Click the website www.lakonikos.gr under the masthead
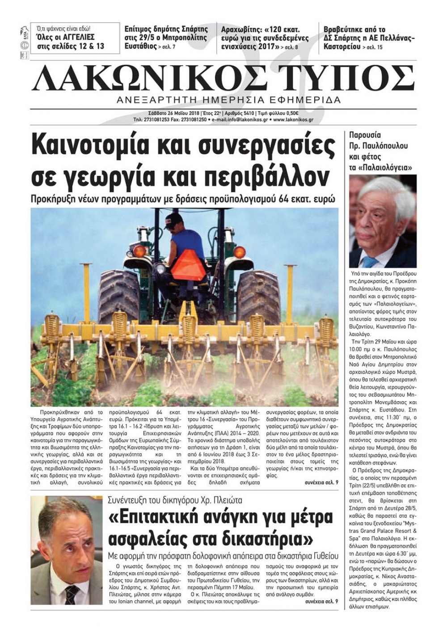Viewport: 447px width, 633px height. click(x=293, y=120)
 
